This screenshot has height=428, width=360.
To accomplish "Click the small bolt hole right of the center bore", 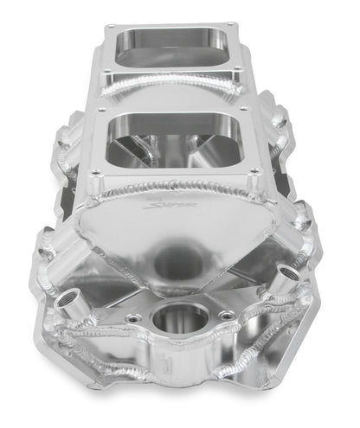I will (x=226, y=316).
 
